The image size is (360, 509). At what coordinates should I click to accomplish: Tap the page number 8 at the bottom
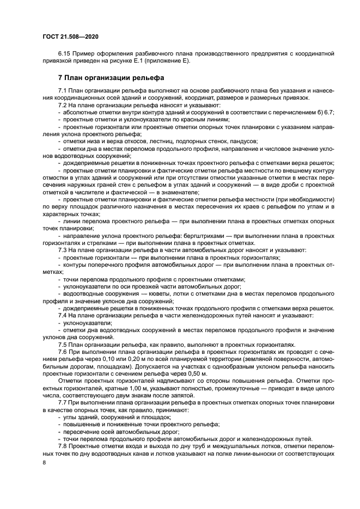tap(45, 462)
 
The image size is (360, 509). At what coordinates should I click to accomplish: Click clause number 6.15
tap(65, 53)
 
